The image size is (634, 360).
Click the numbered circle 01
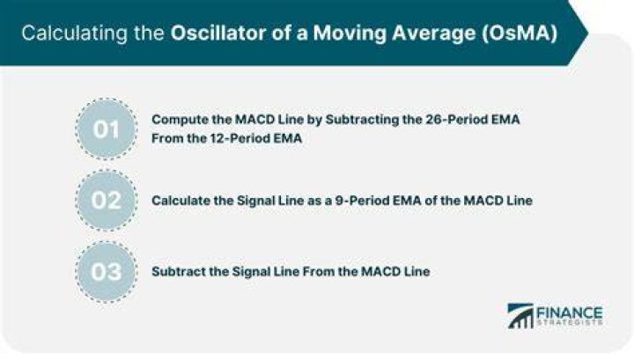[x=107, y=129]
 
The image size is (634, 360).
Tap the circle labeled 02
[x=107, y=201]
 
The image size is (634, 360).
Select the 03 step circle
[x=107, y=271]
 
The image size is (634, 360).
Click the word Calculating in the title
[x=74, y=33]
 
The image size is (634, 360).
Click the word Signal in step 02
[x=254, y=201]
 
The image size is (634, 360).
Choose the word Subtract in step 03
[x=179, y=271]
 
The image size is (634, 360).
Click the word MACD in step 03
[x=377, y=271]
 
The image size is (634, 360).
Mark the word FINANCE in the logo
[x=570, y=312]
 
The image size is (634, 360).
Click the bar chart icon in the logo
[x=520, y=316]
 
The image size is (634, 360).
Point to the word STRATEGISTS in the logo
[x=570, y=323]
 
